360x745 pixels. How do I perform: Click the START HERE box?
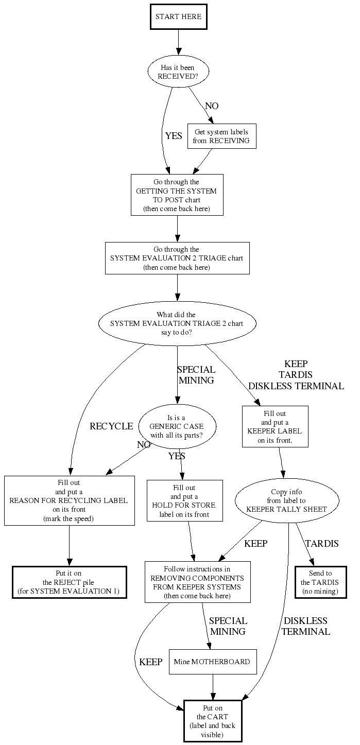coord(178,17)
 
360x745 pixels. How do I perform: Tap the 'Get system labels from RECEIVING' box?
coord(221,136)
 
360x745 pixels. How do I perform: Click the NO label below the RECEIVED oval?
coord(212,106)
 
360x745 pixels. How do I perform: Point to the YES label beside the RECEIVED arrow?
coord(174,136)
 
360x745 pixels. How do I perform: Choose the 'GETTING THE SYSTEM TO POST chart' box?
coord(177,195)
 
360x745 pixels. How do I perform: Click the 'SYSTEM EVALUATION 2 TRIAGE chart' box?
coord(177,258)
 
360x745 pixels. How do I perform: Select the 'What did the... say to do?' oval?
coord(177,324)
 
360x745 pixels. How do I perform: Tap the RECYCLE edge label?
coord(111,426)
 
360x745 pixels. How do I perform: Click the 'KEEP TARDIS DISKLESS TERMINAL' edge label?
coord(296,375)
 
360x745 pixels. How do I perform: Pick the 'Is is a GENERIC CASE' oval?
coord(177,427)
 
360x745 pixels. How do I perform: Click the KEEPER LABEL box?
coord(275,427)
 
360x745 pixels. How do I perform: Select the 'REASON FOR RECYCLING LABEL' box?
coord(69,500)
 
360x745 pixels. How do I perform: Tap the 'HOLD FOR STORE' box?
coord(184,500)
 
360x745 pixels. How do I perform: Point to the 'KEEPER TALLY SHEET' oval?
coord(287,500)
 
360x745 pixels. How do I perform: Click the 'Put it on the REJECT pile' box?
coord(69,582)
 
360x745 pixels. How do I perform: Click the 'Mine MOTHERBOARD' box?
coord(212,662)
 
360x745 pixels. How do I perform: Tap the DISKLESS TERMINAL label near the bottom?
coord(305,626)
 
